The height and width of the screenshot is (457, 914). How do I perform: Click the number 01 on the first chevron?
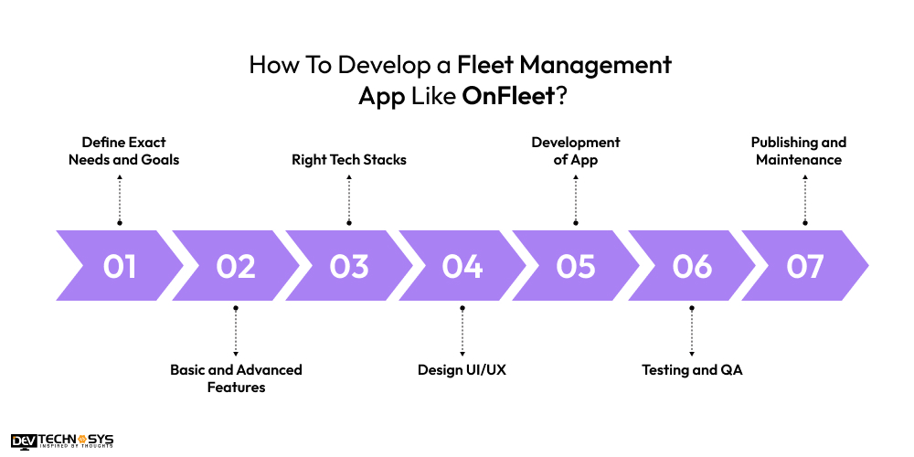(x=120, y=266)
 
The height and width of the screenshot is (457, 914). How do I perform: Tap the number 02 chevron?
(x=236, y=266)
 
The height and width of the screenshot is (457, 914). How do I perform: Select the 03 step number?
(x=349, y=266)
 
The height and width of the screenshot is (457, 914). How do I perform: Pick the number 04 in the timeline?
(x=462, y=266)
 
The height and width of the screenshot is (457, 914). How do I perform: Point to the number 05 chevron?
(x=576, y=266)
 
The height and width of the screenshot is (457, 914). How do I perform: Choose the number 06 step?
(x=691, y=266)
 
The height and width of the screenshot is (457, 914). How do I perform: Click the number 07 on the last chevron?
(x=804, y=266)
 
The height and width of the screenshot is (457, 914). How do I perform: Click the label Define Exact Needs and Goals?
(x=123, y=151)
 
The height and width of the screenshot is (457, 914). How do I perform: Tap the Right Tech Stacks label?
(x=349, y=159)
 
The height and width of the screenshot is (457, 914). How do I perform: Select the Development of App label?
(x=576, y=151)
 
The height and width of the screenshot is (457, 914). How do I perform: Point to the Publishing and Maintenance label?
(x=799, y=151)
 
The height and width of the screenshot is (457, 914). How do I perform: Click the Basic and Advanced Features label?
(x=236, y=378)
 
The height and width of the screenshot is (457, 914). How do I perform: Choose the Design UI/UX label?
(x=462, y=369)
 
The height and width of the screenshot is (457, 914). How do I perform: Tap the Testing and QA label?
(x=692, y=369)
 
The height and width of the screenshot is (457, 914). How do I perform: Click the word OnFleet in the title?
(x=509, y=96)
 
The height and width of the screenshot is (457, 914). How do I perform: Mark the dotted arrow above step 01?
(x=120, y=197)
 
